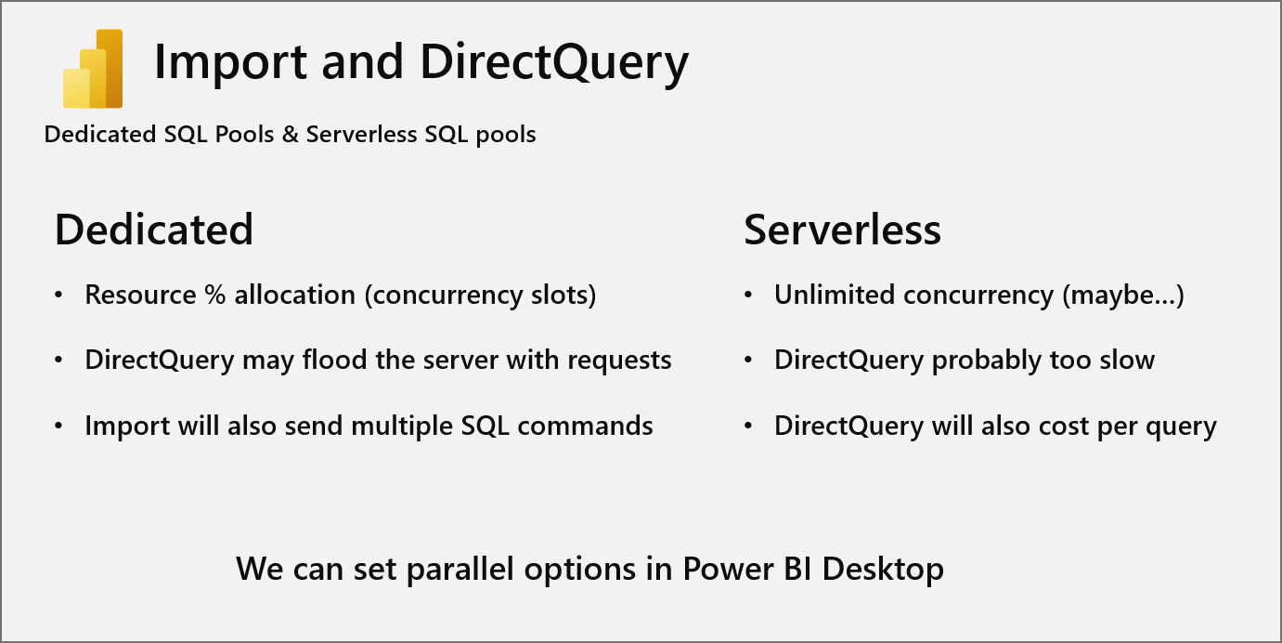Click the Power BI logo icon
(x=93, y=70)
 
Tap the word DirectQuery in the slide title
(x=554, y=63)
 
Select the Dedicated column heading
(x=154, y=230)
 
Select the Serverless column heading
(x=843, y=230)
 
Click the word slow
(x=1125, y=361)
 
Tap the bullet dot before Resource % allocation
(x=59, y=295)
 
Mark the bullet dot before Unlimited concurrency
(x=749, y=295)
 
